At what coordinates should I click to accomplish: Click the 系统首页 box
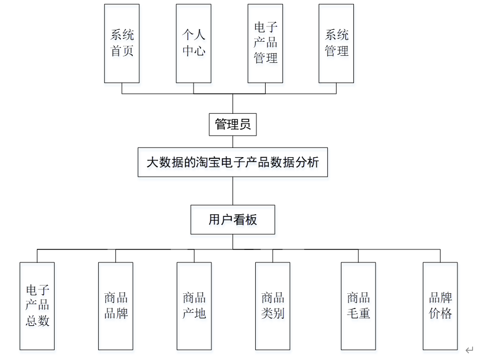pos(121,43)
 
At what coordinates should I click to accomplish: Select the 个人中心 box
pos(194,43)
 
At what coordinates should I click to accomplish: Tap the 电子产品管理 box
pos(265,43)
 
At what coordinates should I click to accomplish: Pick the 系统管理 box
pos(336,43)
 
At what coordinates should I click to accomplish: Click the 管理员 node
pos(233,125)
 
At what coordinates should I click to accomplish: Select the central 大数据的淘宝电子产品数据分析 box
pos(233,162)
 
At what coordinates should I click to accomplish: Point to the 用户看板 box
pos(233,220)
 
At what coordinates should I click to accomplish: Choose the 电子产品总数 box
pos(37,306)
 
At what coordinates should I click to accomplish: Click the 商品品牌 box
pos(115,306)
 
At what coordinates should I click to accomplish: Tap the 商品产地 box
pos(194,306)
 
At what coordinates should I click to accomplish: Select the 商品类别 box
pos(273,306)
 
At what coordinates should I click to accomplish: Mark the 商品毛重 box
pos(358,306)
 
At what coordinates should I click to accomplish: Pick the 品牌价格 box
pos(440,306)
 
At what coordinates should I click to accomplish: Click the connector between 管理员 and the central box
pos(233,142)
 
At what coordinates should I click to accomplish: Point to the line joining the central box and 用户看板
pos(233,191)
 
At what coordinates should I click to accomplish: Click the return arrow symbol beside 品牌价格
pos(469,350)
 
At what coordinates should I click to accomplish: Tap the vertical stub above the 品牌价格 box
pos(440,256)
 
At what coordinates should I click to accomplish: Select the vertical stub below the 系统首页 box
pos(121,88)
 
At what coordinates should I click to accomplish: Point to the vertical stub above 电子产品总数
pos(37,256)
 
